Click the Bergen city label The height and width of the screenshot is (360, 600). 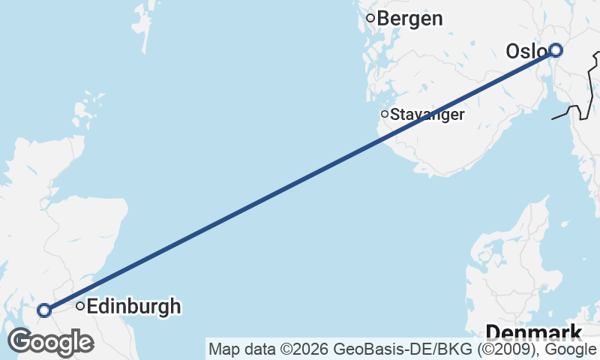(409, 19)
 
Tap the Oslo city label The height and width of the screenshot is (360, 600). (525, 52)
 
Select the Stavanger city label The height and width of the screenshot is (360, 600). (427, 115)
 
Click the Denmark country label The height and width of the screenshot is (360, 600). (534, 333)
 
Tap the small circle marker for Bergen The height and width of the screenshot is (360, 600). (370, 18)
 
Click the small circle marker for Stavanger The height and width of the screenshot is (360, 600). (385, 114)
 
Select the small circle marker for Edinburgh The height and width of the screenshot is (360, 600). (79, 306)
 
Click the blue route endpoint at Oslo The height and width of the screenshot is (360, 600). (555, 50)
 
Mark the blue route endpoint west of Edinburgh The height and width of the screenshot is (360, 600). (44, 310)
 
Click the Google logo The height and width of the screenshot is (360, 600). (51, 343)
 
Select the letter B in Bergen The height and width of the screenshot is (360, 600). (382, 19)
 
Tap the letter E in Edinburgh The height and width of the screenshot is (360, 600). (93, 306)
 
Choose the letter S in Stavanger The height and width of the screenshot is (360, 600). (394, 115)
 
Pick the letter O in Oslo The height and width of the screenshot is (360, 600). (514, 52)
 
